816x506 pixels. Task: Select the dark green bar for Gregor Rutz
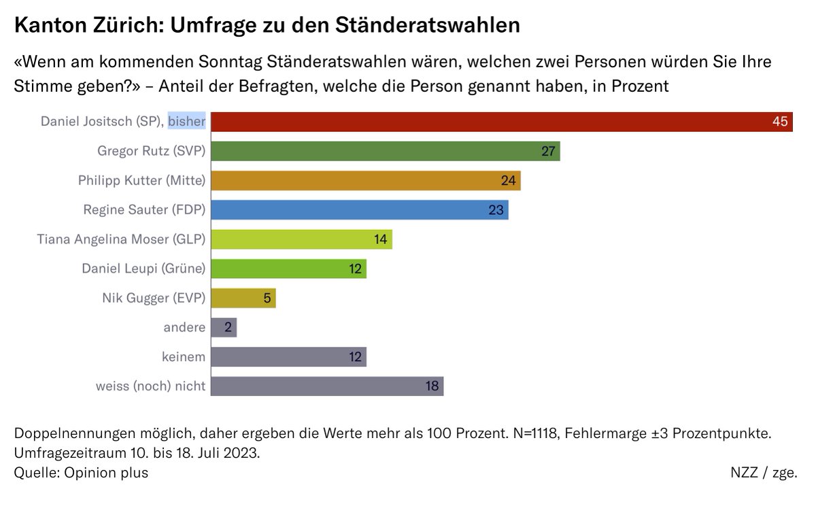pos(385,151)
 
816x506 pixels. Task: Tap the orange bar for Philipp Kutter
pos(365,180)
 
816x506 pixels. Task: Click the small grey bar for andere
pos(223,327)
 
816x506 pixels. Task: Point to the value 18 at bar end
pos(431,386)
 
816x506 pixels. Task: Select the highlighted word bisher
pos(187,122)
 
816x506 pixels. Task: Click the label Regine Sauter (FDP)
pos(144,209)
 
